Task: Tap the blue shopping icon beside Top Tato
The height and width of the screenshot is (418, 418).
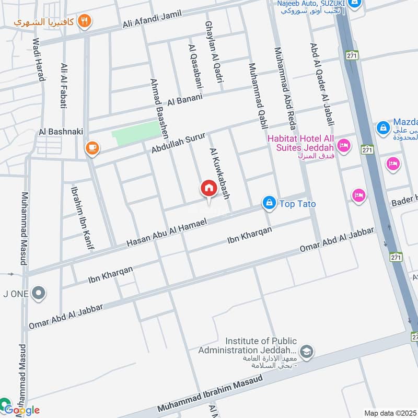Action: (269, 203)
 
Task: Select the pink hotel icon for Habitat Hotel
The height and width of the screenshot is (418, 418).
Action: (343, 145)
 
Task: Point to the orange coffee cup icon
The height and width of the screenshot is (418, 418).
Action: (92, 148)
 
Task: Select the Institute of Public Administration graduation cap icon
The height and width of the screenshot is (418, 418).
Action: (307, 351)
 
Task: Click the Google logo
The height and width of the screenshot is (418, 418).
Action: (22, 410)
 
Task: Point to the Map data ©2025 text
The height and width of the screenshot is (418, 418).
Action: (389, 413)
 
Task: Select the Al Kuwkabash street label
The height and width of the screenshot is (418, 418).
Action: (220, 174)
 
